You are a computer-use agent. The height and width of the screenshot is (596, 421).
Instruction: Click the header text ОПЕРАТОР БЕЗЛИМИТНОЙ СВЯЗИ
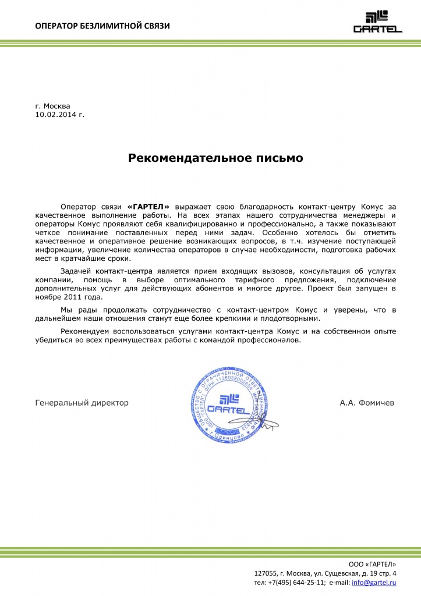102,26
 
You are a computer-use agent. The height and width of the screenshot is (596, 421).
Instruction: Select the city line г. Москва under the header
52,107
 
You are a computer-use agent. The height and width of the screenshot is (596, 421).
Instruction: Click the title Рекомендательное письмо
215,158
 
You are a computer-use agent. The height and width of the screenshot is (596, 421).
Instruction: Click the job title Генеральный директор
82,402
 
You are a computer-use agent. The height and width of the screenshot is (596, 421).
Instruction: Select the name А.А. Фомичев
366,402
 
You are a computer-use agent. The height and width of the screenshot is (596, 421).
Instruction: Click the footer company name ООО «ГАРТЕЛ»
372,564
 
